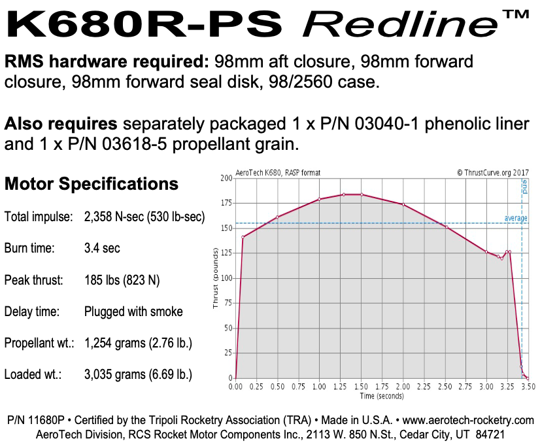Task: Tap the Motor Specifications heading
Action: (92, 184)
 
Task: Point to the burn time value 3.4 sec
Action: (103, 249)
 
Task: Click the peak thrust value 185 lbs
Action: (122, 280)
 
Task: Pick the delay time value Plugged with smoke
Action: (134, 311)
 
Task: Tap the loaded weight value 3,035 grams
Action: (138, 375)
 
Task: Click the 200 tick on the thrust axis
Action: (226, 178)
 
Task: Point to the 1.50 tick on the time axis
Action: (361, 387)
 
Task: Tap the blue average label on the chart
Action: (515, 219)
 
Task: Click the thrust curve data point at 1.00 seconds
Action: (319, 199)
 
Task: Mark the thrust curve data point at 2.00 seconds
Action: (403, 205)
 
